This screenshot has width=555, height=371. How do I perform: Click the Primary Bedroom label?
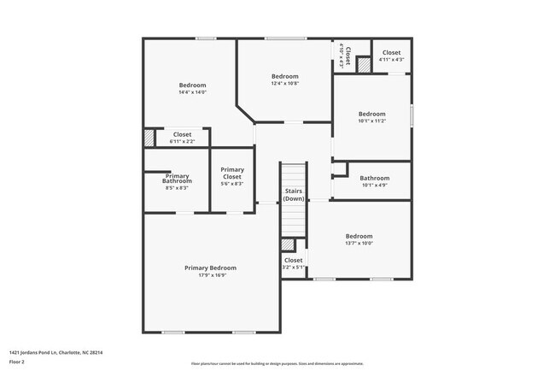210,268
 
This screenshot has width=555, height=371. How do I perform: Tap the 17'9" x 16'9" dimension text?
210,275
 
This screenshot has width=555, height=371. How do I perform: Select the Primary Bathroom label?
177,180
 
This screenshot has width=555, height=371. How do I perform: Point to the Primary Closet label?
232,173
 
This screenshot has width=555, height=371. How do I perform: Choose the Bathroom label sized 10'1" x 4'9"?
374,178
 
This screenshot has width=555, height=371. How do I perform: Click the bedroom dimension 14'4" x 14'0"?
192,92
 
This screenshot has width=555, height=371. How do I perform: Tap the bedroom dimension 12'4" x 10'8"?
284,83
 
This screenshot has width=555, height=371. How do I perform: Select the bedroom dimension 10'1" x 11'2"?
371,121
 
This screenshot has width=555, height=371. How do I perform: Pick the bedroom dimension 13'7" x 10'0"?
359,244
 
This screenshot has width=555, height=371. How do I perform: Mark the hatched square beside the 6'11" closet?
149,138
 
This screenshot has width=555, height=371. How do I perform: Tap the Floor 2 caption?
18,360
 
